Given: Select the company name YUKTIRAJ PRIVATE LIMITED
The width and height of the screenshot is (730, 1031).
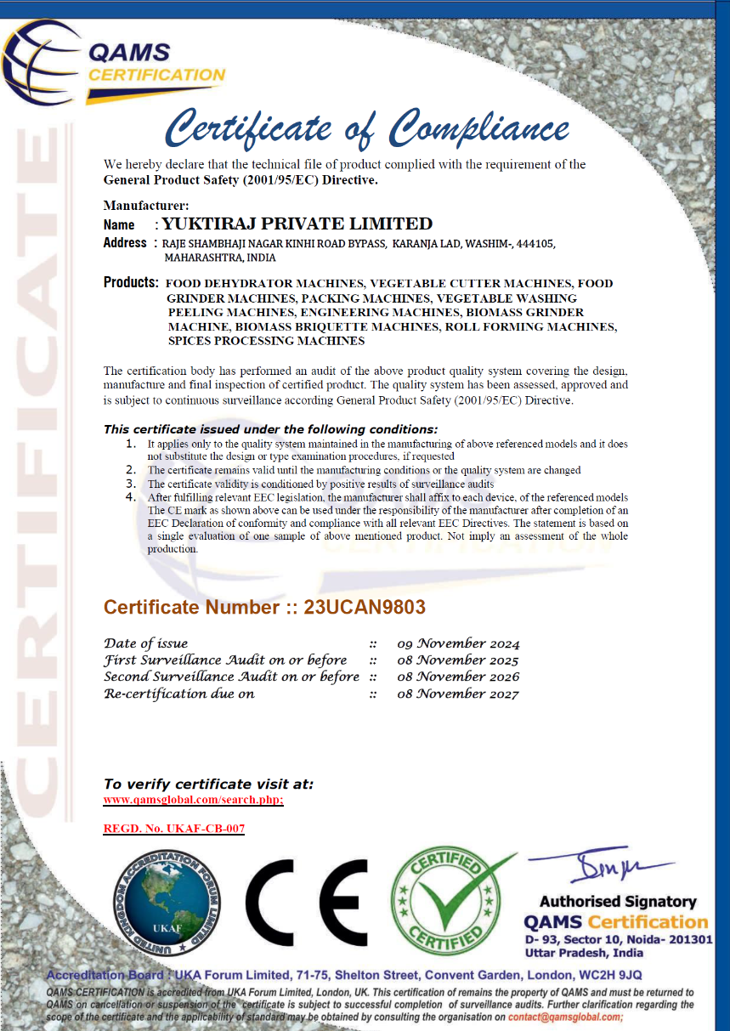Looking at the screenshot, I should click(297, 224).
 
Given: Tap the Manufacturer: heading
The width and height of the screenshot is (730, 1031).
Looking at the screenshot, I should click(146, 205).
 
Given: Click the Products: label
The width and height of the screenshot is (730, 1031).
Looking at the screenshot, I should click(131, 282).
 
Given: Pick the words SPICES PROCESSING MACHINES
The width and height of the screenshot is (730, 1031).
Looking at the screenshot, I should click(266, 341).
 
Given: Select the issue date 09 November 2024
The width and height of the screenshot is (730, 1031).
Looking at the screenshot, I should click(458, 643).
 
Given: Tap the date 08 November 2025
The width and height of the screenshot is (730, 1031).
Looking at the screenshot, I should click(458, 660).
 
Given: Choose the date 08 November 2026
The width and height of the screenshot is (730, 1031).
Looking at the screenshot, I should click(458, 677).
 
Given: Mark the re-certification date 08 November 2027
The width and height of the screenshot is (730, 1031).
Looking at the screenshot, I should click(458, 694).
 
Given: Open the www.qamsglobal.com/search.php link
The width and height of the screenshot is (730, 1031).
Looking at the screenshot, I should click(193, 800).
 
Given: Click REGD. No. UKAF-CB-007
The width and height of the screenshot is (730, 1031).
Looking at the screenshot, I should click(173, 828).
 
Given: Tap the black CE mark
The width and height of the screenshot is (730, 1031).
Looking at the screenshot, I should click(307, 904).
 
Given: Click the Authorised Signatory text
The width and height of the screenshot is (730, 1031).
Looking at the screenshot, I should click(618, 902).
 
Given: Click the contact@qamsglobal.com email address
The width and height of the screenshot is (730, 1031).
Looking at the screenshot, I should click(565, 1017).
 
